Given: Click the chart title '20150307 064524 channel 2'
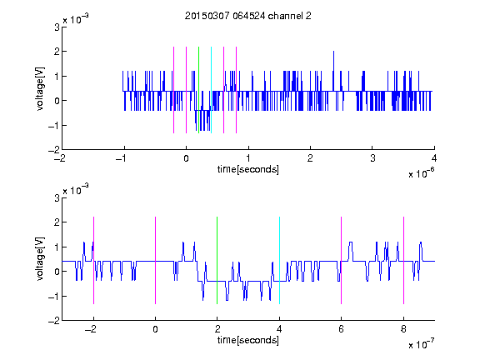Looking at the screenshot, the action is click(x=248, y=16).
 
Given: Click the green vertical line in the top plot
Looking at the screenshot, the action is click(x=198, y=90).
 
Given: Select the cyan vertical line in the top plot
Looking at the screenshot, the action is click(x=211, y=90).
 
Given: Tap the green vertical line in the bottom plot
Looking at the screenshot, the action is click(x=217, y=260).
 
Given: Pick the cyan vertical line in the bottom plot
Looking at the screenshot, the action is click(x=279, y=260).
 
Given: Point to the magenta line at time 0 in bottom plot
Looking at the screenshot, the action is click(x=156, y=260).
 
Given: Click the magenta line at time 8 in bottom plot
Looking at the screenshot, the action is click(x=404, y=260).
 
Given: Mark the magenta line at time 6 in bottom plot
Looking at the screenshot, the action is click(x=342, y=260).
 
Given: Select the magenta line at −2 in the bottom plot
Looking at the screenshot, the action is click(x=93, y=260).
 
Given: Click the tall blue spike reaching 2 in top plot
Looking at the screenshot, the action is click(x=333, y=71).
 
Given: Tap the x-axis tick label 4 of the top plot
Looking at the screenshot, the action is click(x=434, y=158).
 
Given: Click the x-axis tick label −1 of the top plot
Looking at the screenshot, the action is click(x=122, y=158).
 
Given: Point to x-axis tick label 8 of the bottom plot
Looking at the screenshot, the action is click(x=403, y=329).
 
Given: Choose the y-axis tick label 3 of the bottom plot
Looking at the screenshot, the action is click(x=57, y=197).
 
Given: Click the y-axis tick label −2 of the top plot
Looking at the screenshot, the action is click(x=54, y=150).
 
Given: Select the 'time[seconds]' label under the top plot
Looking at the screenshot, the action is click(x=248, y=169).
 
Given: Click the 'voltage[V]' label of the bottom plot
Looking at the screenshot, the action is click(x=40, y=258).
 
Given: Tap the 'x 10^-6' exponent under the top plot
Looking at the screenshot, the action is click(x=421, y=173).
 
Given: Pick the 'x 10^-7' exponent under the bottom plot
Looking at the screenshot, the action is click(x=421, y=344).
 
